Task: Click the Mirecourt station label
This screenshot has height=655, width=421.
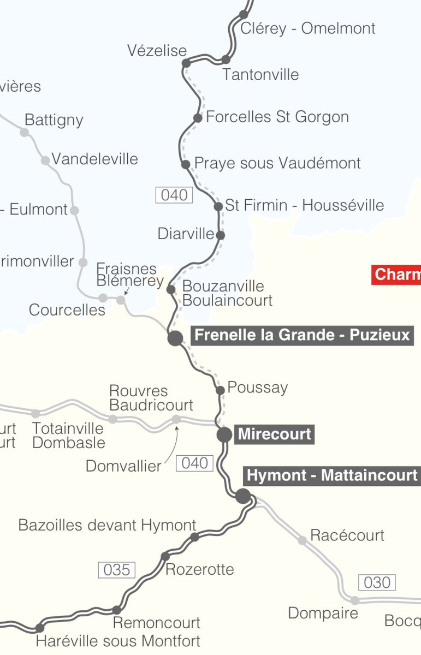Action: pos(275,434)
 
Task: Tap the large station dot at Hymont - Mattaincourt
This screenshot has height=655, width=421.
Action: pos(243,496)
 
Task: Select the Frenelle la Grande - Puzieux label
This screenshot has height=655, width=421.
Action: pos(302,335)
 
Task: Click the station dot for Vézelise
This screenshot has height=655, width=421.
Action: pos(186,63)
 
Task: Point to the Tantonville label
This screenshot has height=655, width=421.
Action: pos(260,74)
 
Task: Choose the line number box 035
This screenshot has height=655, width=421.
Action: pos(116,570)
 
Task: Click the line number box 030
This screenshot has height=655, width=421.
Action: pos(377,582)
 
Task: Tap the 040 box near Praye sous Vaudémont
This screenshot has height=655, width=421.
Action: pos(174,195)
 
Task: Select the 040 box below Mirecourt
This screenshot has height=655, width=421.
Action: pos(194,463)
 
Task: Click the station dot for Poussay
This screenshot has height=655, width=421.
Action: pos(220,390)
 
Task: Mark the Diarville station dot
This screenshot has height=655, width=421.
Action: pos(220,235)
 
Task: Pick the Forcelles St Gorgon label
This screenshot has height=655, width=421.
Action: pos(277,117)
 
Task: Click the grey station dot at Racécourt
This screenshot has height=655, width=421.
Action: pos(302,540)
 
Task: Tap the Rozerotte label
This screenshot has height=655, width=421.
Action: pos(199,569)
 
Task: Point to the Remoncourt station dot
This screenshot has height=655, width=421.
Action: pos(116,610)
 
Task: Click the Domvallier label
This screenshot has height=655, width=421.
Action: pos(123,466)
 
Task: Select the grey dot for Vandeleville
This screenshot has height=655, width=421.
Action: pos(46,160)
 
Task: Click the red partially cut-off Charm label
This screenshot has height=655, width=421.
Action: pos(396,274)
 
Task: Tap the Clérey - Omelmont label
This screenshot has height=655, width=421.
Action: pos(308,28)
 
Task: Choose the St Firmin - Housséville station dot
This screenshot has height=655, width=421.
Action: pos(218,206)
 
